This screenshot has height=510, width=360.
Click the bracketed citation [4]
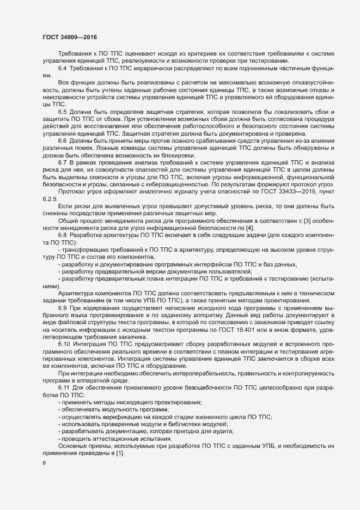click(220, 242)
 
